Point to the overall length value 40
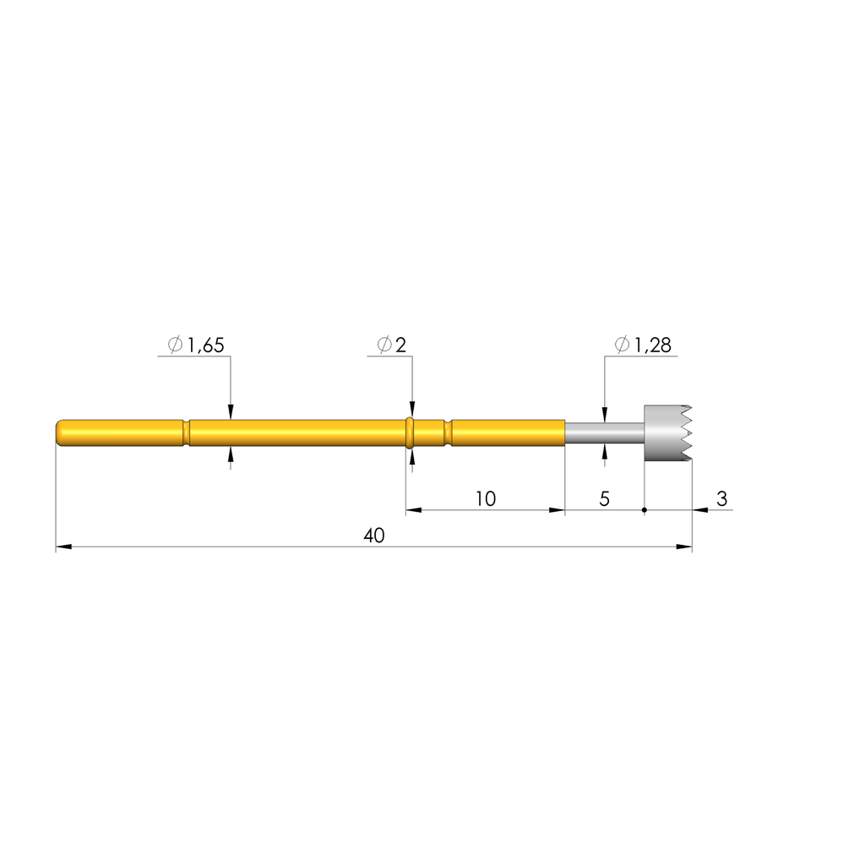374,536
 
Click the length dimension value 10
486,498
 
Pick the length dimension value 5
605,498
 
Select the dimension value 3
721,498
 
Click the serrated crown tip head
667,433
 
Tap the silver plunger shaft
605,433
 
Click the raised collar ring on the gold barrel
410,433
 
